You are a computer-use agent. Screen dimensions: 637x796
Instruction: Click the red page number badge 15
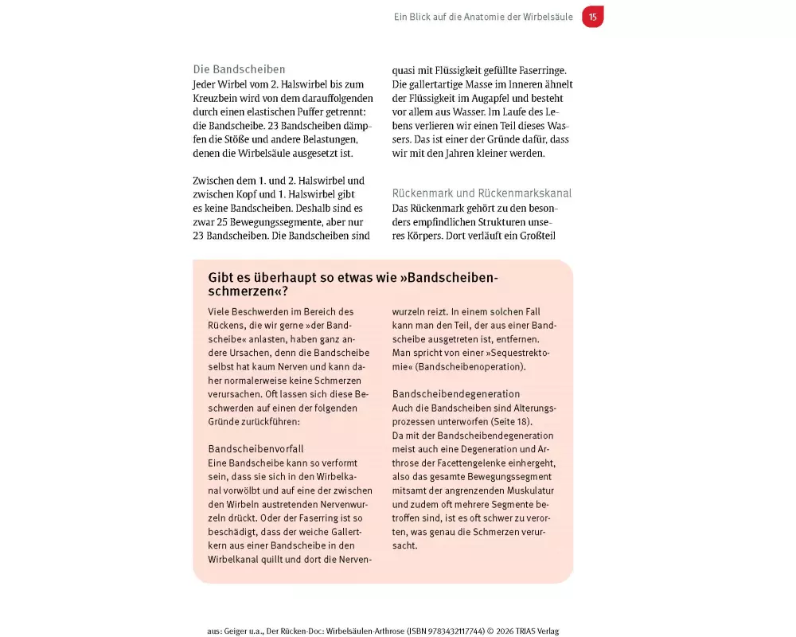(x=592, y=17)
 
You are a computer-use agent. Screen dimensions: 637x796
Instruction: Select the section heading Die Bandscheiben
(x=239, y=69)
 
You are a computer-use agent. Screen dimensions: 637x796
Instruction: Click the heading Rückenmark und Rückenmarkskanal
(x=482, y=193)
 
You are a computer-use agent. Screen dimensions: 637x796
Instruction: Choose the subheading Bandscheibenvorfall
(x=256, y=448)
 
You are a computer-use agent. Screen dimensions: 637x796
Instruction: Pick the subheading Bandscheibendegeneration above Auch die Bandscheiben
(x=456, y=393)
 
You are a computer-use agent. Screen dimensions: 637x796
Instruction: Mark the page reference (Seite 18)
(x=507, y=421)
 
